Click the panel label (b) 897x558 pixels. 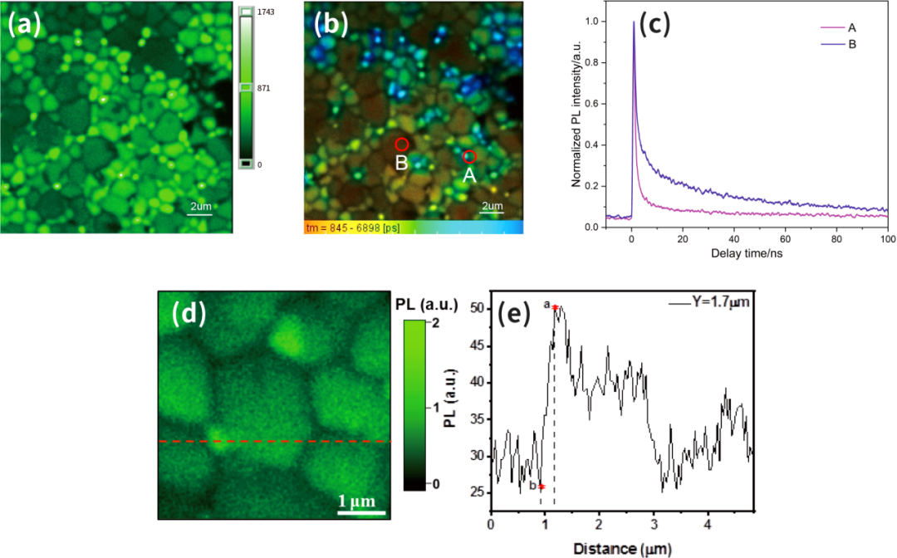(x=331, y=26)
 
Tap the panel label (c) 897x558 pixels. (x=653, y=25)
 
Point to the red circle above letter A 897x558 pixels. (x=469, y=156)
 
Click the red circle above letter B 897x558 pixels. (x=401, y=144)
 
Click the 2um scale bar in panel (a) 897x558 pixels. (x=200, y=214)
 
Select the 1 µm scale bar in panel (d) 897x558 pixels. (x=362, y=512)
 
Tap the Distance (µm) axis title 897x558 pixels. (x=620, y=548)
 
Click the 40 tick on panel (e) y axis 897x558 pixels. (x=477, y=381)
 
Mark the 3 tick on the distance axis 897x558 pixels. (x=654, y=525)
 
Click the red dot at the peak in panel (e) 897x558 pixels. (x=554, y=307)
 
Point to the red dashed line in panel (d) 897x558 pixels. (x=274, y=441)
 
